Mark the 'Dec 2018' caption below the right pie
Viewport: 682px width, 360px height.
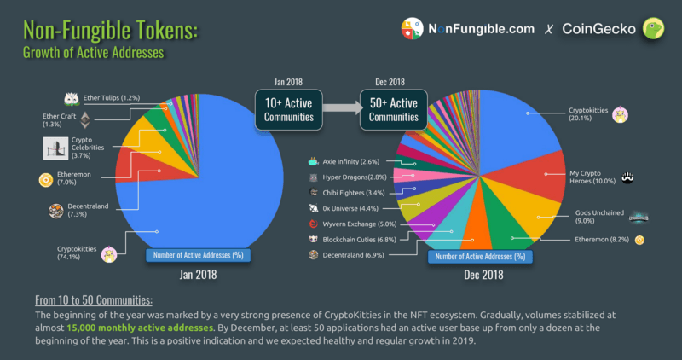pyautogui.click(x=483, y=275)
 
